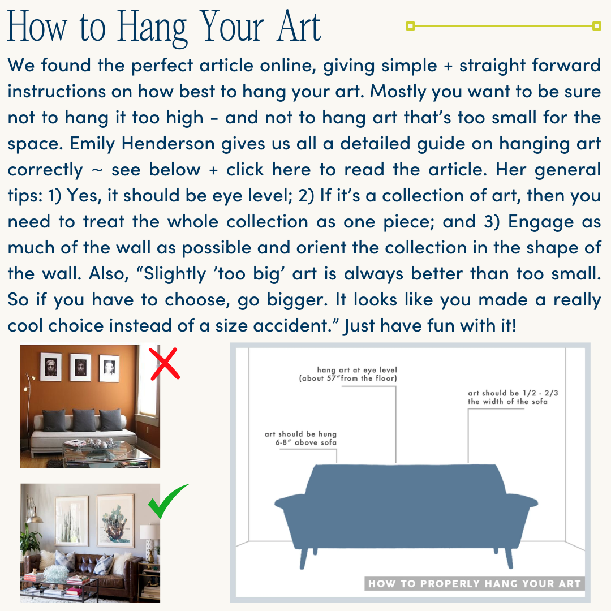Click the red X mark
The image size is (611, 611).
165,363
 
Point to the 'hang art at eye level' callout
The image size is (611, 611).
348,374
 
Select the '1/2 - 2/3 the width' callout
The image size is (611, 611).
507,397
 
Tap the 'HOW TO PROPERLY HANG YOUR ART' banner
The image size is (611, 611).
474,583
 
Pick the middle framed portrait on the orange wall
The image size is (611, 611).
80,367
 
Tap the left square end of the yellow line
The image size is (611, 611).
411,25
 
